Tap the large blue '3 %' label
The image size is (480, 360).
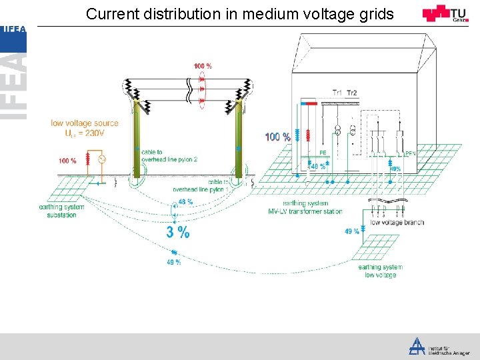pos(178,232)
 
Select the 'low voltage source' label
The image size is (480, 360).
pos(85,123)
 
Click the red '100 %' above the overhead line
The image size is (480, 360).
pos(203,66)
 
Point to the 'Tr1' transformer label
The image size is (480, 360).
pos(338,93)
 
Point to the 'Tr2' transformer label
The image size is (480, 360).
pos(352,93)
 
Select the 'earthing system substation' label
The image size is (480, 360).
pos(62,211)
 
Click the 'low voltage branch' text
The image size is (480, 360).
pos(397,222)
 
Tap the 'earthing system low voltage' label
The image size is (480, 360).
pos(381,271)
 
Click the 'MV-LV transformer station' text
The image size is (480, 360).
pos(305,211)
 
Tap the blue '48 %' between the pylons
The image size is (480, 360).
pos(185,202)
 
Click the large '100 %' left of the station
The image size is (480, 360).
pos(278,137)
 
